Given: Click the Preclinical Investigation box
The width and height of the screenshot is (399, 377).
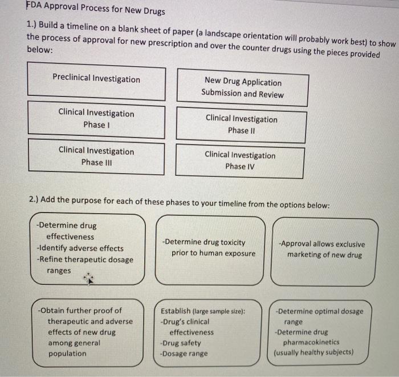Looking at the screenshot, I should pos(96,80).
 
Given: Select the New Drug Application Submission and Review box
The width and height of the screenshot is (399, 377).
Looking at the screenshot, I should pos(242,88).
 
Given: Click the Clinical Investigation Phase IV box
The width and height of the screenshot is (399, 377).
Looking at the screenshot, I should pos(240,161).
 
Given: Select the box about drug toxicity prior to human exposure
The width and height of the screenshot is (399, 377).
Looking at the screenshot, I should pos(209,248).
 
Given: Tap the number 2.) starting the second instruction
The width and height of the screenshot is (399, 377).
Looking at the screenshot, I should pos(34,200).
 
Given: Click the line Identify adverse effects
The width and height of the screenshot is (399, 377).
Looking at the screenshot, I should pos(80,248).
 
